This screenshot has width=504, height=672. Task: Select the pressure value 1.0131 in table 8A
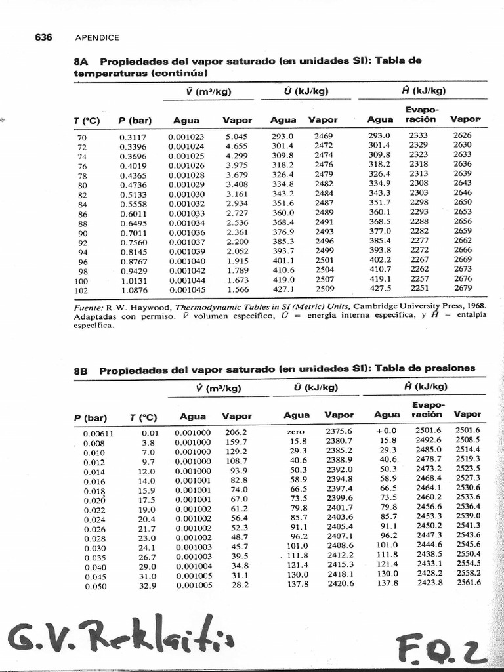[x=133, y=282]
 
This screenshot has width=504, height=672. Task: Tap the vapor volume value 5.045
[x=236, y=136]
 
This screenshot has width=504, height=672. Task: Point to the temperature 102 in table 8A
[x=82, y=291]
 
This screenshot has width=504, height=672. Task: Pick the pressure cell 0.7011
[x=133, y=233]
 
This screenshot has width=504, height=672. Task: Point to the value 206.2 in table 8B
[x=236, y=432]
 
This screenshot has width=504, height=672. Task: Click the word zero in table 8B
[x=296, y=432]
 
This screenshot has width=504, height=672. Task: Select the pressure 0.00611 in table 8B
[x=98, y=434]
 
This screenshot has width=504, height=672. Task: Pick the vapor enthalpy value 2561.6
[x=468, y=582]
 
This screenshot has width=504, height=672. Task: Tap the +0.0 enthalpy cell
[x=387, y=431]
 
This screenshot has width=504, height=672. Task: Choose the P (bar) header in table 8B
[x=95, y=417]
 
